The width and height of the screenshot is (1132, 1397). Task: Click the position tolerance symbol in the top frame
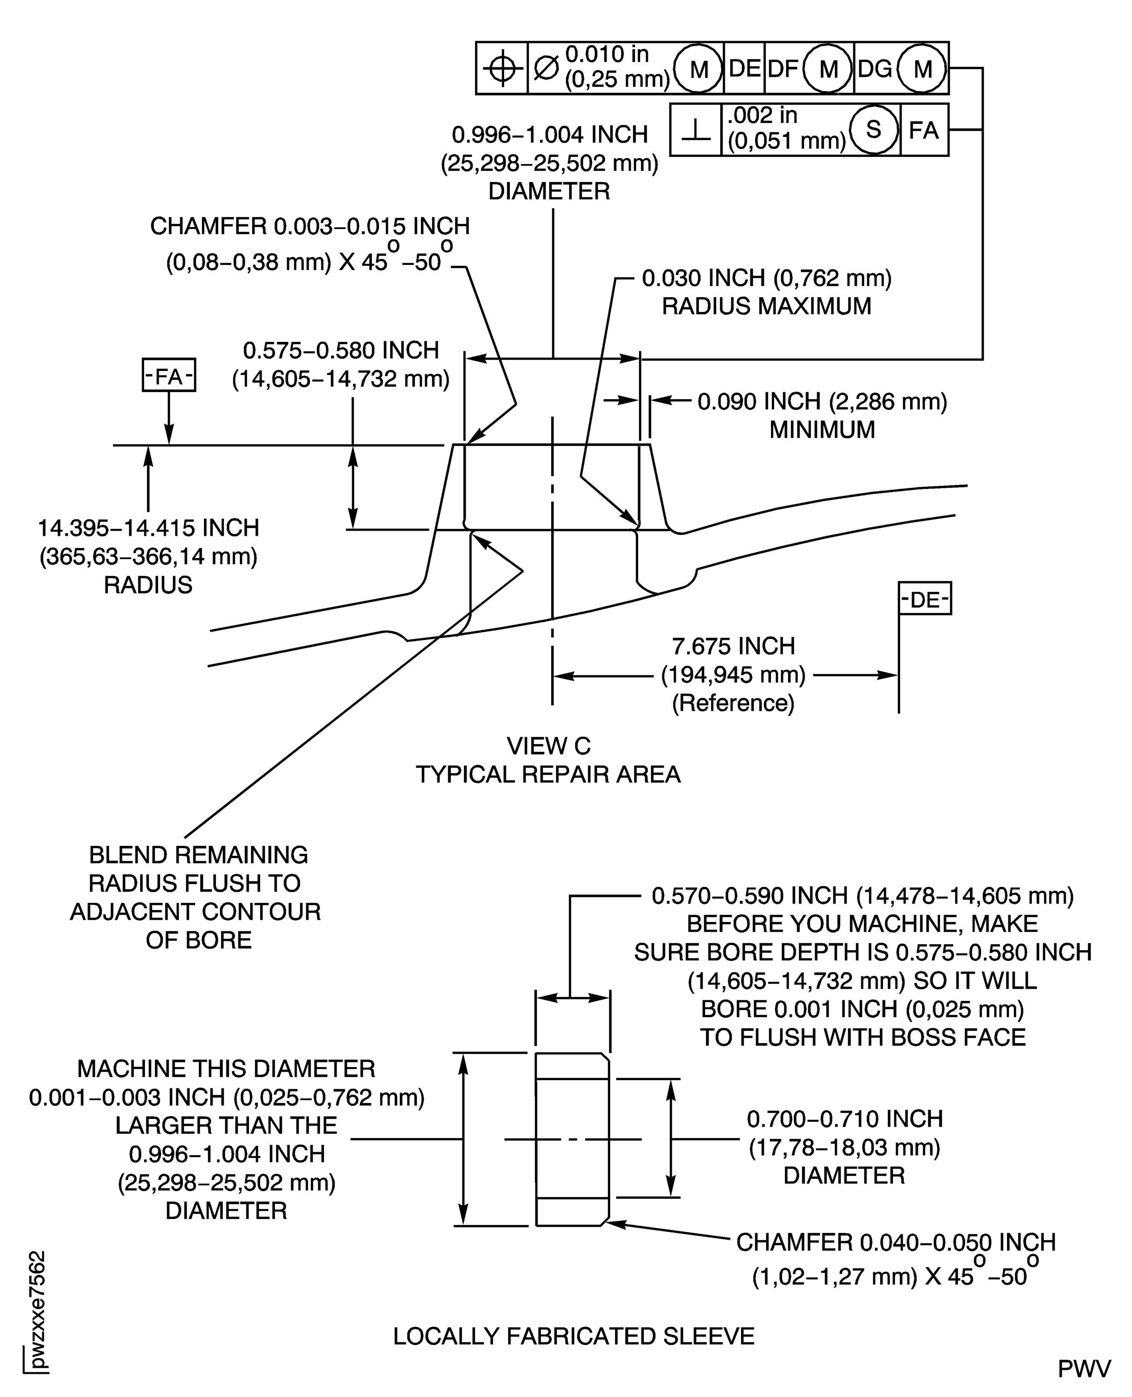point(502,68)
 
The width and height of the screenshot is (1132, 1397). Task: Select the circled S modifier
point(873,129)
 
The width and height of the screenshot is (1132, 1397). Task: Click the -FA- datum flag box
point(169,376)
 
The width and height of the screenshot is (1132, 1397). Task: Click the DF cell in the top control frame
point(783,68)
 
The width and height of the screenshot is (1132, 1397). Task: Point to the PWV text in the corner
point(1084,1369)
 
